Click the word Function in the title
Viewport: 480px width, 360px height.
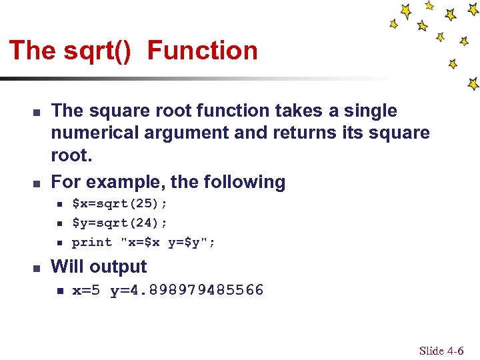202,51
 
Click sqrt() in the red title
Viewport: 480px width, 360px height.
99,51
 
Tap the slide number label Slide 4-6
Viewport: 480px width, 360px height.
441,351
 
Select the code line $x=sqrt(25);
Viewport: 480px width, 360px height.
119,203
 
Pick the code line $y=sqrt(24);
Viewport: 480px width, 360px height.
119,223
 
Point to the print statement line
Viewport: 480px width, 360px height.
143,242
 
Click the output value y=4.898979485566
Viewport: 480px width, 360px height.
187,290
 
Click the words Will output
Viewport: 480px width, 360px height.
99,267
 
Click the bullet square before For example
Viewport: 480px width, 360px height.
37,183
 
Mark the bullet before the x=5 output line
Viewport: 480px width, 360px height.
59,291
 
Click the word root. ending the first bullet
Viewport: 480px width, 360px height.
71,155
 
